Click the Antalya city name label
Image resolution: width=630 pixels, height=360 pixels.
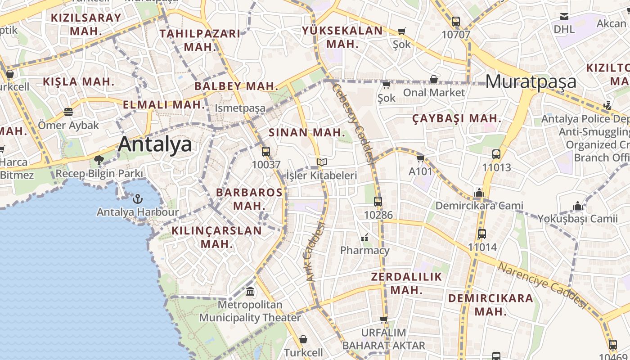(x=155, y=144)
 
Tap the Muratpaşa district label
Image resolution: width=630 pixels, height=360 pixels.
(x=531, y=81)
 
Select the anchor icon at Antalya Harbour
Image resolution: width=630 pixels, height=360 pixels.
(x=138, y=198)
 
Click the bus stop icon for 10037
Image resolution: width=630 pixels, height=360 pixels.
(x=266, y=151)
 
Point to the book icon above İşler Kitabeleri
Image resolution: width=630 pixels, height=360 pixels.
(x=322, y=162)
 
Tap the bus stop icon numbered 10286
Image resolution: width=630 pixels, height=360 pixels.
(x=378, y=201)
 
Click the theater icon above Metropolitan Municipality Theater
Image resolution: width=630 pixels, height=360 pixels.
(x=250, y=291)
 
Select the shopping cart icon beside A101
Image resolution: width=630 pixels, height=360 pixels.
(x=420, y=158)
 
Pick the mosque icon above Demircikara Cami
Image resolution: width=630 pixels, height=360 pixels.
(x=479, y=193)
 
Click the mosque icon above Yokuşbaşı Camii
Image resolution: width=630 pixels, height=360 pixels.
(x=578, y=206)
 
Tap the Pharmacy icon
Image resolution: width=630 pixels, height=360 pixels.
(x=364, y=237)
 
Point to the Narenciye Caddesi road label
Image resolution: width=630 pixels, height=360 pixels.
(x=543, y=285)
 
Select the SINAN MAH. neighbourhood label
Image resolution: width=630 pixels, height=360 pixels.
(x=307, y=133)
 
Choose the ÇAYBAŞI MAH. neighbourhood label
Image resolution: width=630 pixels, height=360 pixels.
(x=457, y=118)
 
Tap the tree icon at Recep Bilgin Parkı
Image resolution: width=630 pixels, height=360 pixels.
(x=99, y=160)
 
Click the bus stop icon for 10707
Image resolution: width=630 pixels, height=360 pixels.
(x=456, y=21)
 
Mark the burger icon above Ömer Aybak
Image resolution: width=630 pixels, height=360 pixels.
(x=68, y=112)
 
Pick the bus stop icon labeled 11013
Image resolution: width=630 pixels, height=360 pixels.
(x=496, y=154)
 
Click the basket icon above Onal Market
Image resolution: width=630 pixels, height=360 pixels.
(x=433, y=79)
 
